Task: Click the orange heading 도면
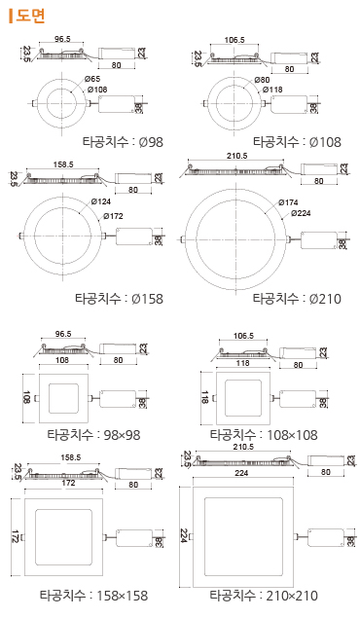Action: tap(30, 16)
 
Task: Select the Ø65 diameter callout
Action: tap(92, 79)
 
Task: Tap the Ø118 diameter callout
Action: tap(272, 90)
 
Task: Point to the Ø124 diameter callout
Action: tap(101, 201)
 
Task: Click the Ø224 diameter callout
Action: tap(301, 213)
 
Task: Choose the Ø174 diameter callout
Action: tap(288, 202)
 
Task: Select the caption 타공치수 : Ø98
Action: tap(123, 142)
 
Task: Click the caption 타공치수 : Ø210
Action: tap(297, 299)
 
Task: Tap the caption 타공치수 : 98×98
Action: tap(93, 435)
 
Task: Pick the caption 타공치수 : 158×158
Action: tap(93, 595)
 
